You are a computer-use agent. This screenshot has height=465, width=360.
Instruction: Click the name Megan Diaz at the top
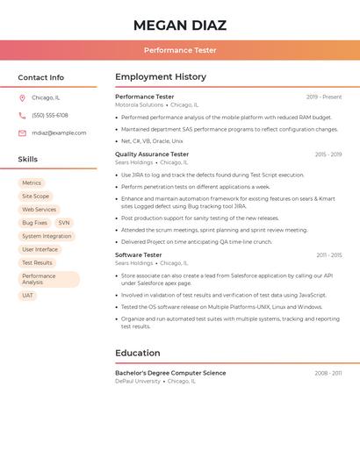180,25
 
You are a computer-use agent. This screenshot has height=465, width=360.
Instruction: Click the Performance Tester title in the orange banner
180,50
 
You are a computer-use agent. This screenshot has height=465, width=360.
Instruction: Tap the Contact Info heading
40,77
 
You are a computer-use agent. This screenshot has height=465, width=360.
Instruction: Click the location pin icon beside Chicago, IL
22,97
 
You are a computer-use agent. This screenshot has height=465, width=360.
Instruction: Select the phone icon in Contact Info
22,115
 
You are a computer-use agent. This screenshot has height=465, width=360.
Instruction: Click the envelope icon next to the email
22,132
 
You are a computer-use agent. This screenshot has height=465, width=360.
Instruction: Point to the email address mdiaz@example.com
59,132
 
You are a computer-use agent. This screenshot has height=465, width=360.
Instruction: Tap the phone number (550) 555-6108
50,115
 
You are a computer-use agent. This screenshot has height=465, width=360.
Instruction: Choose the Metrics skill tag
32,183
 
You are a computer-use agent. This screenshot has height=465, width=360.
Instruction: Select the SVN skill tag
64,223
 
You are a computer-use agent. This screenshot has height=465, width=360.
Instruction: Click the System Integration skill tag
47,236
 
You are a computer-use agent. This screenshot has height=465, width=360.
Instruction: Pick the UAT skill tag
27,296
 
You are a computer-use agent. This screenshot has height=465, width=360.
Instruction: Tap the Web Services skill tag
39,210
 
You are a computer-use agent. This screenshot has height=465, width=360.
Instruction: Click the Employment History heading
161,77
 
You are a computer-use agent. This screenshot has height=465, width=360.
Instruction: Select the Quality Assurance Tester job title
152,154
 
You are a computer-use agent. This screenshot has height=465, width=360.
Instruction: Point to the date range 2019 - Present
324,97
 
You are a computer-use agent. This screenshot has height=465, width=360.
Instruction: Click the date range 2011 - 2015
329,255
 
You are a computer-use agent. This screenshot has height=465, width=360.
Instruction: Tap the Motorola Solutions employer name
140,105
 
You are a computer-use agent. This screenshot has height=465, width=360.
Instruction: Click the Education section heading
138,353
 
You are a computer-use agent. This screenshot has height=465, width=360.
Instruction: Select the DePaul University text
138,382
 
